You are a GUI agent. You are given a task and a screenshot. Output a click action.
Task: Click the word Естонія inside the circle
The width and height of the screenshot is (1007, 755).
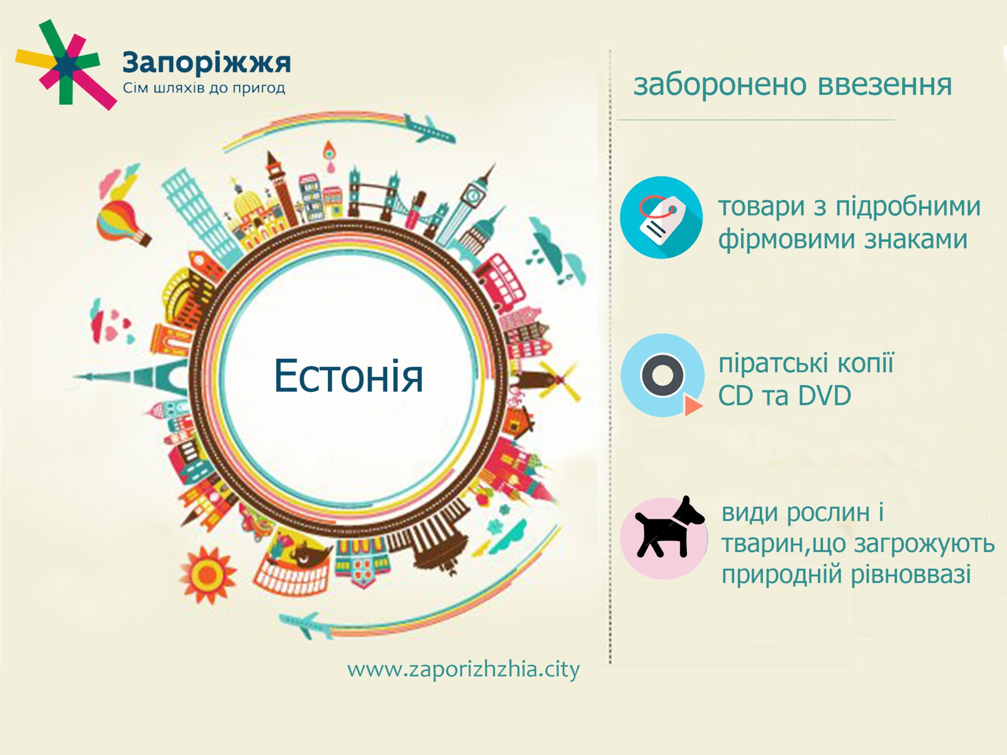point(348,376)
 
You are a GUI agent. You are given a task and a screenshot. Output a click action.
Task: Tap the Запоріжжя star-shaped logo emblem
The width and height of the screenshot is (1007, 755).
point(65,64)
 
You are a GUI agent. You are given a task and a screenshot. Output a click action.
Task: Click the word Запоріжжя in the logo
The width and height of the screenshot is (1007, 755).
point(206,63)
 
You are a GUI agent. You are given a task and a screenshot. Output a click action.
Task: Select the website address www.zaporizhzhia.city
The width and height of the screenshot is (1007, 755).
point(463,670)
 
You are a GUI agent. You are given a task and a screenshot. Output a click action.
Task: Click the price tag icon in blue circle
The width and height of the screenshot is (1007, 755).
point(661,217)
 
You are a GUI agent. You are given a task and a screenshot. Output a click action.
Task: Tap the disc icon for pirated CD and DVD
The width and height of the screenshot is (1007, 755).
point(663,375)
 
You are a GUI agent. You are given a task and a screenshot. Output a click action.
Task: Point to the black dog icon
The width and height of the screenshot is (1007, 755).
point(667,528)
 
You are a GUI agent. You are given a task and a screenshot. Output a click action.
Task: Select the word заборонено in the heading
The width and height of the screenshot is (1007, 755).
point(721,85)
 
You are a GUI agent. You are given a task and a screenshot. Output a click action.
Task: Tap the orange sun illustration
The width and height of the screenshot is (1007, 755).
point(207,574)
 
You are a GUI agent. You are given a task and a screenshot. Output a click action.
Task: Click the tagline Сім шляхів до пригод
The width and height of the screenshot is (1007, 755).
point(204,89)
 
